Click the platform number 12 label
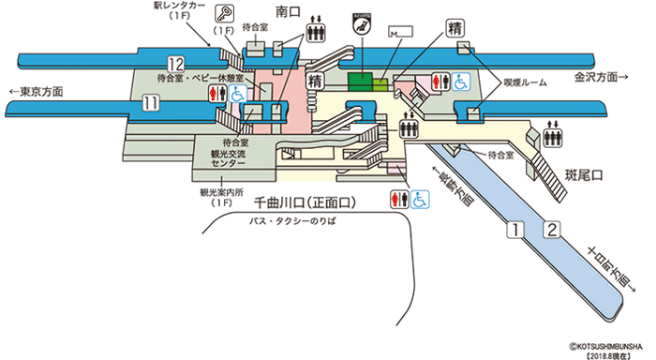(174, 64)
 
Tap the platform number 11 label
(150, 104)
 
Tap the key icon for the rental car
(225, 13)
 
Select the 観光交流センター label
(229, 157)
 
